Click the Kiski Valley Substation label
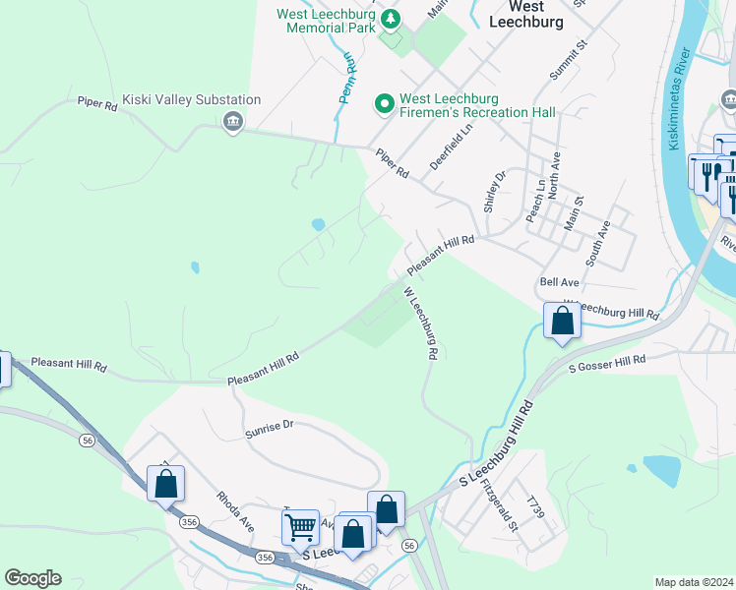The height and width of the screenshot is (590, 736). (192, 99)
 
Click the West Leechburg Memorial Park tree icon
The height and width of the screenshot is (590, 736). (392, 19)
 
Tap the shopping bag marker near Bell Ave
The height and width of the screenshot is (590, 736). (562, 321)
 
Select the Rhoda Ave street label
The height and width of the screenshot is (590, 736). (235, 511)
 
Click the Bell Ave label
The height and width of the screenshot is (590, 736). (559, 282)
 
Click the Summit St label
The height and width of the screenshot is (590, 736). (568, 59)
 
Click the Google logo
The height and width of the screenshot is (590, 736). (32, 578)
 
